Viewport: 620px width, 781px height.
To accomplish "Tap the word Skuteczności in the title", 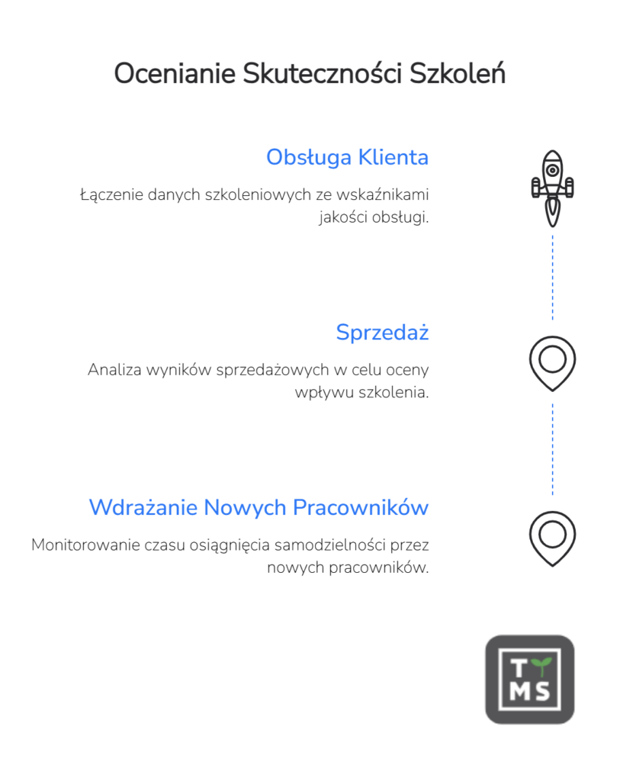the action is [x=322, y=74].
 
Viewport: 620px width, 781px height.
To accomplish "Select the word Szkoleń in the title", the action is [x=457, y=74].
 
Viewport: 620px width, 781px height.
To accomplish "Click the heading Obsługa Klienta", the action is [x=347, y=157].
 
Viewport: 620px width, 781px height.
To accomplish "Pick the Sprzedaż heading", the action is [x=382, y=333].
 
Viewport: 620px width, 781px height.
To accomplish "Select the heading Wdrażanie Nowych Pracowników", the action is [x=259, y=507].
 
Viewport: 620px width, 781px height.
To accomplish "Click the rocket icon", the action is [x=552, y=188].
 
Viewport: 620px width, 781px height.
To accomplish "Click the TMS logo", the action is [x=530, y=679].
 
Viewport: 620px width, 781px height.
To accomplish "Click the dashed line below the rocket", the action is [x=552, y=278].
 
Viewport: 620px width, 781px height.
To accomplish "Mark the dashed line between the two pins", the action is [x=552, y=449].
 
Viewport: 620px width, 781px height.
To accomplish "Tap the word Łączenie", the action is [x=109, y=194].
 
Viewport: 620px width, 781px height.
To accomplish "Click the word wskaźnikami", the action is [x=383, y=194].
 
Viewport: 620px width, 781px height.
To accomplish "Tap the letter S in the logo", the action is [x=541, y=692].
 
